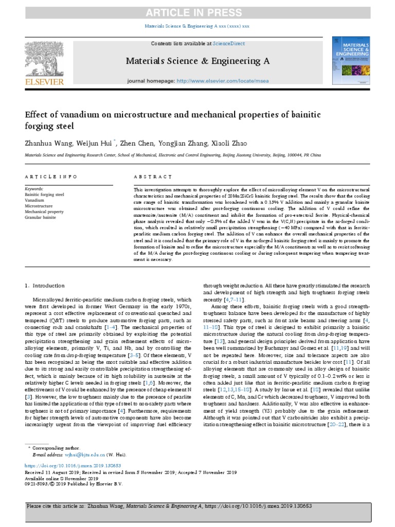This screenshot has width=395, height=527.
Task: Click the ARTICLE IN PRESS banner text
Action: tap(197, 12)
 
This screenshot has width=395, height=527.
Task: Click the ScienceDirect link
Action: tap(230, 44)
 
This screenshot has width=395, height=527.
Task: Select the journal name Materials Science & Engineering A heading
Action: tap(197, 61)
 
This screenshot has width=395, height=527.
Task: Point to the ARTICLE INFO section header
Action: tap(47, 177)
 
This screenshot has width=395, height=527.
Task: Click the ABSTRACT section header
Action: tap(153, 177)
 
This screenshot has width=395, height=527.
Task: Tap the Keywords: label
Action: tap(34, 189)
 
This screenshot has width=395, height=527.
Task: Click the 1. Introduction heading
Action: tap(45, 285)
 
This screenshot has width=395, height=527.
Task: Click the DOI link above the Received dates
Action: tap(64, 465)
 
